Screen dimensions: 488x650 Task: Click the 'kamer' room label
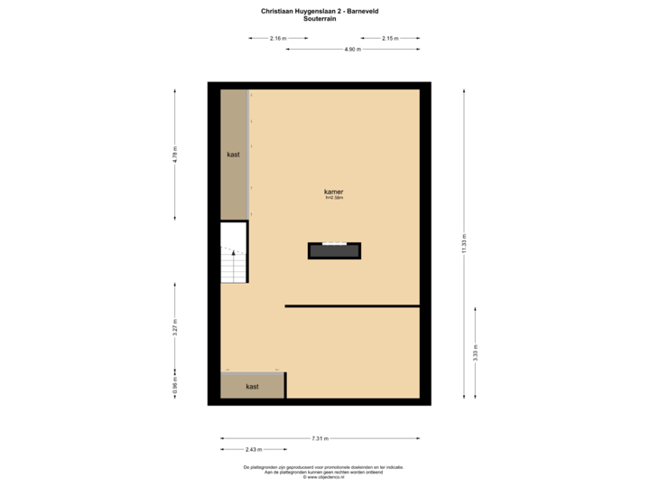point(334,192)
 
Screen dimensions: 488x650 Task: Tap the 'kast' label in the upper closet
point(234,155)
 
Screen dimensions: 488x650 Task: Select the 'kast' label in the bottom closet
point(252,386)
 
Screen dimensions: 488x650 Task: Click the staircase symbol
point(234,252)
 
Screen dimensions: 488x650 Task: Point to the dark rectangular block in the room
point(334,250)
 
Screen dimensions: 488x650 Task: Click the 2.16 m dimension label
point(278,38)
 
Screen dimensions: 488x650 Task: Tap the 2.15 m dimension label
point(389,38)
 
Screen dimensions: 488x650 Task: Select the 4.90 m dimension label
point(351,49)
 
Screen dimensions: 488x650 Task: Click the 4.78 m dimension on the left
point(175,155)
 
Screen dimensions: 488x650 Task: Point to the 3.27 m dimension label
point(175,326)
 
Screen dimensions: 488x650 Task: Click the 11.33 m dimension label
point(465,245)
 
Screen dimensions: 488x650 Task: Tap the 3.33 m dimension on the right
point(476,352)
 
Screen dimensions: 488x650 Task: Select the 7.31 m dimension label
point(320,438)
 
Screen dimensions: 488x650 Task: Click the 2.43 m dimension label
point(253,449)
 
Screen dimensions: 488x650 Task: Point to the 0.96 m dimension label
point(175,386)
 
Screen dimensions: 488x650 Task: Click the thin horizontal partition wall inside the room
point(352,306)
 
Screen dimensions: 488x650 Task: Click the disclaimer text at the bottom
point(323,471)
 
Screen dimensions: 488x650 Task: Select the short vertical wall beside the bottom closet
point(285,385)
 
